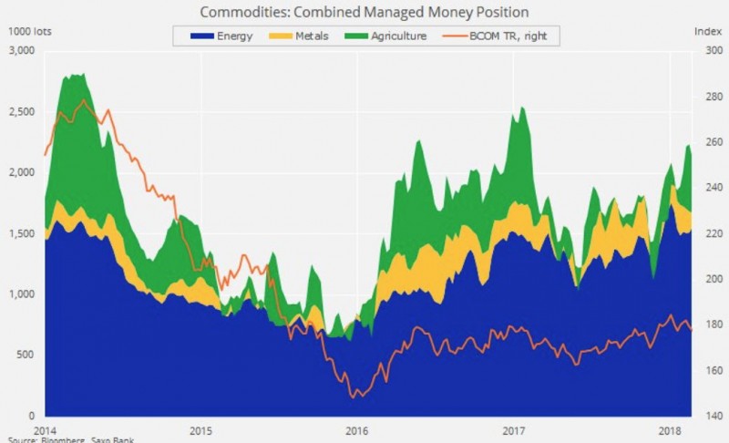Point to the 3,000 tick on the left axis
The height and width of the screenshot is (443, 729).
[x=21, y=51]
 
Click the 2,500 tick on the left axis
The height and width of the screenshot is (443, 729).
[x=21, y=112]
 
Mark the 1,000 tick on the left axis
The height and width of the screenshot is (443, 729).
[x=21, y=294]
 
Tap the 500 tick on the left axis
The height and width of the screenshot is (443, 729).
[x=26, y=355]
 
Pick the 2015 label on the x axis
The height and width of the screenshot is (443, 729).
[x=200, y=429]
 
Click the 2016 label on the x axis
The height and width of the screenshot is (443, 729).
[x=356, y=429]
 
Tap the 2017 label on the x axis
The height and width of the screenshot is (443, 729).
[x=513, y=429]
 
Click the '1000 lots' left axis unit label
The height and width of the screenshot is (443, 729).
[x=28, y=31]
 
